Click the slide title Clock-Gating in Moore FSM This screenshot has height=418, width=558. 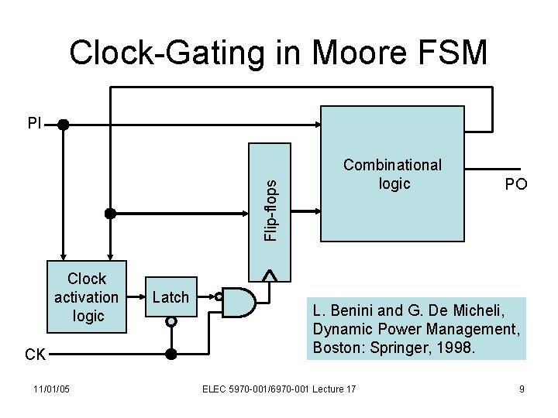point(279,53)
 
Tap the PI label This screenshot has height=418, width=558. point(34,122)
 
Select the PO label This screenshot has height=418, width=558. point(515,184)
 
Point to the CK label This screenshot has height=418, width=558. point(35,355)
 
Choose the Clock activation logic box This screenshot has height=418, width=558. point(86,297)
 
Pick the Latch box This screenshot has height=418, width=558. point(170,297)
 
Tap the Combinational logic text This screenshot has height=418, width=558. point(393,174)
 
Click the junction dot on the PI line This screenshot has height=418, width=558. point(63,123)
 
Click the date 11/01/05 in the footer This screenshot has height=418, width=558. point(52,388)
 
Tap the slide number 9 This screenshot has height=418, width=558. point(522,389)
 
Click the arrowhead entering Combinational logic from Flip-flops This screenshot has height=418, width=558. point(318,210)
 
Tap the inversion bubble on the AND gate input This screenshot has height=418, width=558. point(220,296)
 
